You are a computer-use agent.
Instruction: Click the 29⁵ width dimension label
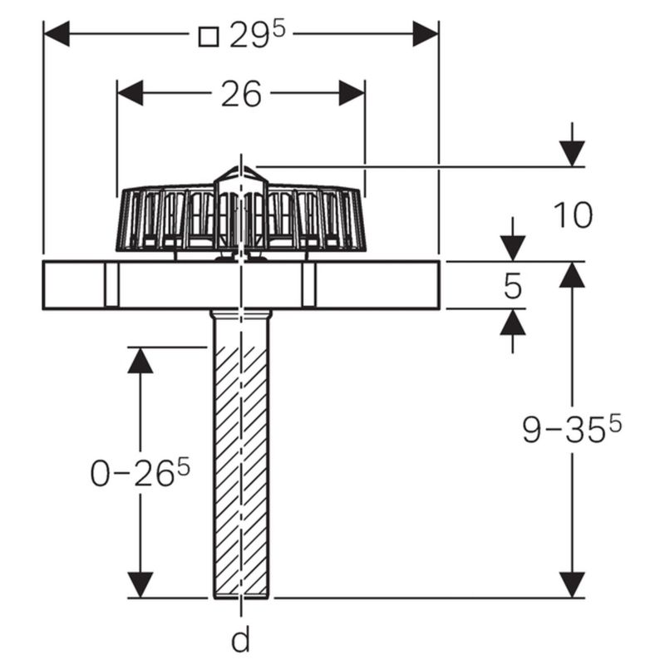(258, 36)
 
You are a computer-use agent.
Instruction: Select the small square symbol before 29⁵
(209, 37)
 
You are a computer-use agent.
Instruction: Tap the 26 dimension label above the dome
(241, 94)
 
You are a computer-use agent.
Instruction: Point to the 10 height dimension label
(573, 216)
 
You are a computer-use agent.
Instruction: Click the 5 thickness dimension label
(513, 286)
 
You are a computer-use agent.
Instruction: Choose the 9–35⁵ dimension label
(572, 429)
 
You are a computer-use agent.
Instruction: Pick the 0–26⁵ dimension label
(140, 472)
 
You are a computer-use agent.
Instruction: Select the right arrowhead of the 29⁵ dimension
(426, 33)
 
